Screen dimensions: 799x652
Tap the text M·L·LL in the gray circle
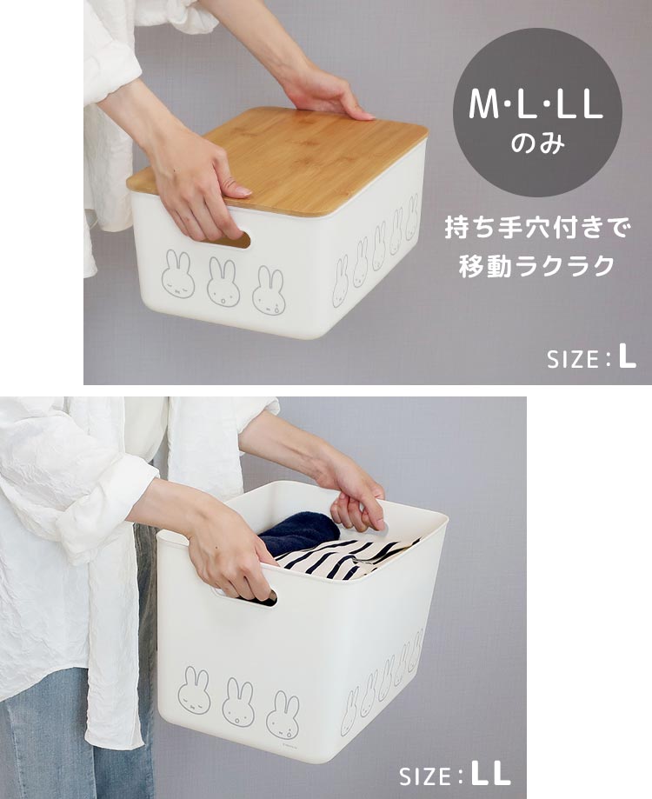tap(536, 106)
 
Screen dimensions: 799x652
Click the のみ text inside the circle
tap(536, 143)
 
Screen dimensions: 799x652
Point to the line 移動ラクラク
tap(536, 266)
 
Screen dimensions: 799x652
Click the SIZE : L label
tap(591, 358)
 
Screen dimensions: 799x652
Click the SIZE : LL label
tap(455, 776)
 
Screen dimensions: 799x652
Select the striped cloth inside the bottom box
tap(348, 556)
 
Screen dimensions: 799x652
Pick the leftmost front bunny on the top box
tap(177, 275)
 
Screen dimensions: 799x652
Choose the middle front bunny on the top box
tap(223, 283)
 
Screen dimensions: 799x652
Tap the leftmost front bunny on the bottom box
tap(194, 690)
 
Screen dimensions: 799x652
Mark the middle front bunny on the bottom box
tap(237, 702)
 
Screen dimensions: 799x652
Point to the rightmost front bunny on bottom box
tap(282, 715)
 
